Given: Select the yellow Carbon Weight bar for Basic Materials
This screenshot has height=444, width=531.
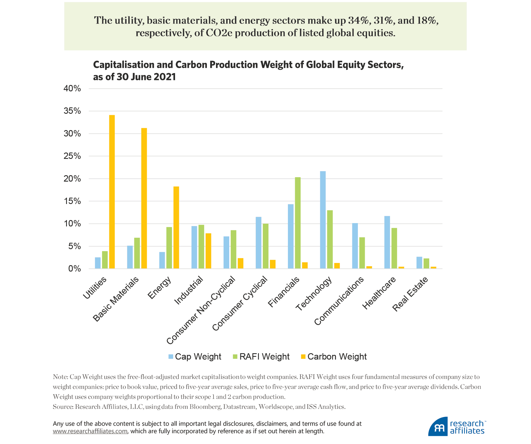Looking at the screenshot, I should [x=144, y=198].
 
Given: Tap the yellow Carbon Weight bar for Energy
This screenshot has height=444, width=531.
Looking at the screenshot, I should [x=176, y=227].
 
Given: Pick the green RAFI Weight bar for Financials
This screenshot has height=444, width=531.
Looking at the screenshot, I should [x=298, y=223].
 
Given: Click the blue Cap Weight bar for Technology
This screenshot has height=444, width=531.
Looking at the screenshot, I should [x=323, y=220].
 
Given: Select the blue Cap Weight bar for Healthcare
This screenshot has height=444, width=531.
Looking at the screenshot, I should [x=387, y=242].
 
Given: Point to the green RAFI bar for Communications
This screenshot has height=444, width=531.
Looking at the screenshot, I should [x=362, y=253].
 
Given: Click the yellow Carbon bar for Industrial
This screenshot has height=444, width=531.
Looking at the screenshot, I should [x=208, y=251].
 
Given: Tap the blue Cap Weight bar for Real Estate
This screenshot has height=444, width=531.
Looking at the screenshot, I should [x=419, y=263].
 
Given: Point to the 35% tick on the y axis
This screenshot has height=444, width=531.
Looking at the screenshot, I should [x=72, y=111].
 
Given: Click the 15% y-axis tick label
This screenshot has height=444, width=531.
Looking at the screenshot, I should [x=72, y=201].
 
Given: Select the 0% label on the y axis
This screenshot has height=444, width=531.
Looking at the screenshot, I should [x=74, y=269].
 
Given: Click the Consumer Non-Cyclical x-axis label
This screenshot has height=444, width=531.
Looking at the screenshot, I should [x=201, y=310].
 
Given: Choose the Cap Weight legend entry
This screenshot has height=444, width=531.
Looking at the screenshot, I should [x=195, y=357].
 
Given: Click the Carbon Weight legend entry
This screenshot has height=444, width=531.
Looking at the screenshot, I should [x=334, y=357].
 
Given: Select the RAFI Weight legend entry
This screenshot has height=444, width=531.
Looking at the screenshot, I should [x=261, y=357].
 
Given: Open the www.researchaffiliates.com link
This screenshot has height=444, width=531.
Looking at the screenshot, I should [x=90, y=431].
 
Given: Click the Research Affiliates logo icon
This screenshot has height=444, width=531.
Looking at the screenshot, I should [x=438, y=427].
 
